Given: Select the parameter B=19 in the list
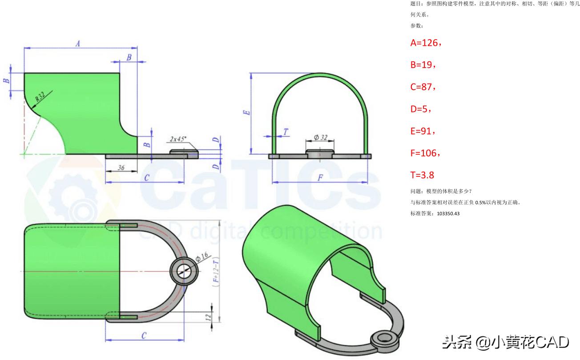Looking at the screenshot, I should (x=423, y=65).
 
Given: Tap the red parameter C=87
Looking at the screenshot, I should (x=423, y=87).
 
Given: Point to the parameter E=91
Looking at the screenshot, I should (x=423, y=131).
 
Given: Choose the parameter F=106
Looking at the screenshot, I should (x=425, y=153).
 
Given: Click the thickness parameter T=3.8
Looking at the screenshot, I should (x=422, y=175).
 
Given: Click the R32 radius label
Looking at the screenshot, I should (x=41, y=97).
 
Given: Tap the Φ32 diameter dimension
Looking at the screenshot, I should (x=320, y=138).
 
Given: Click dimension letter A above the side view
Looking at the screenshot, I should (x=78, y=44).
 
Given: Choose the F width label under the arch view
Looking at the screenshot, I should (x=320, y=178).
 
